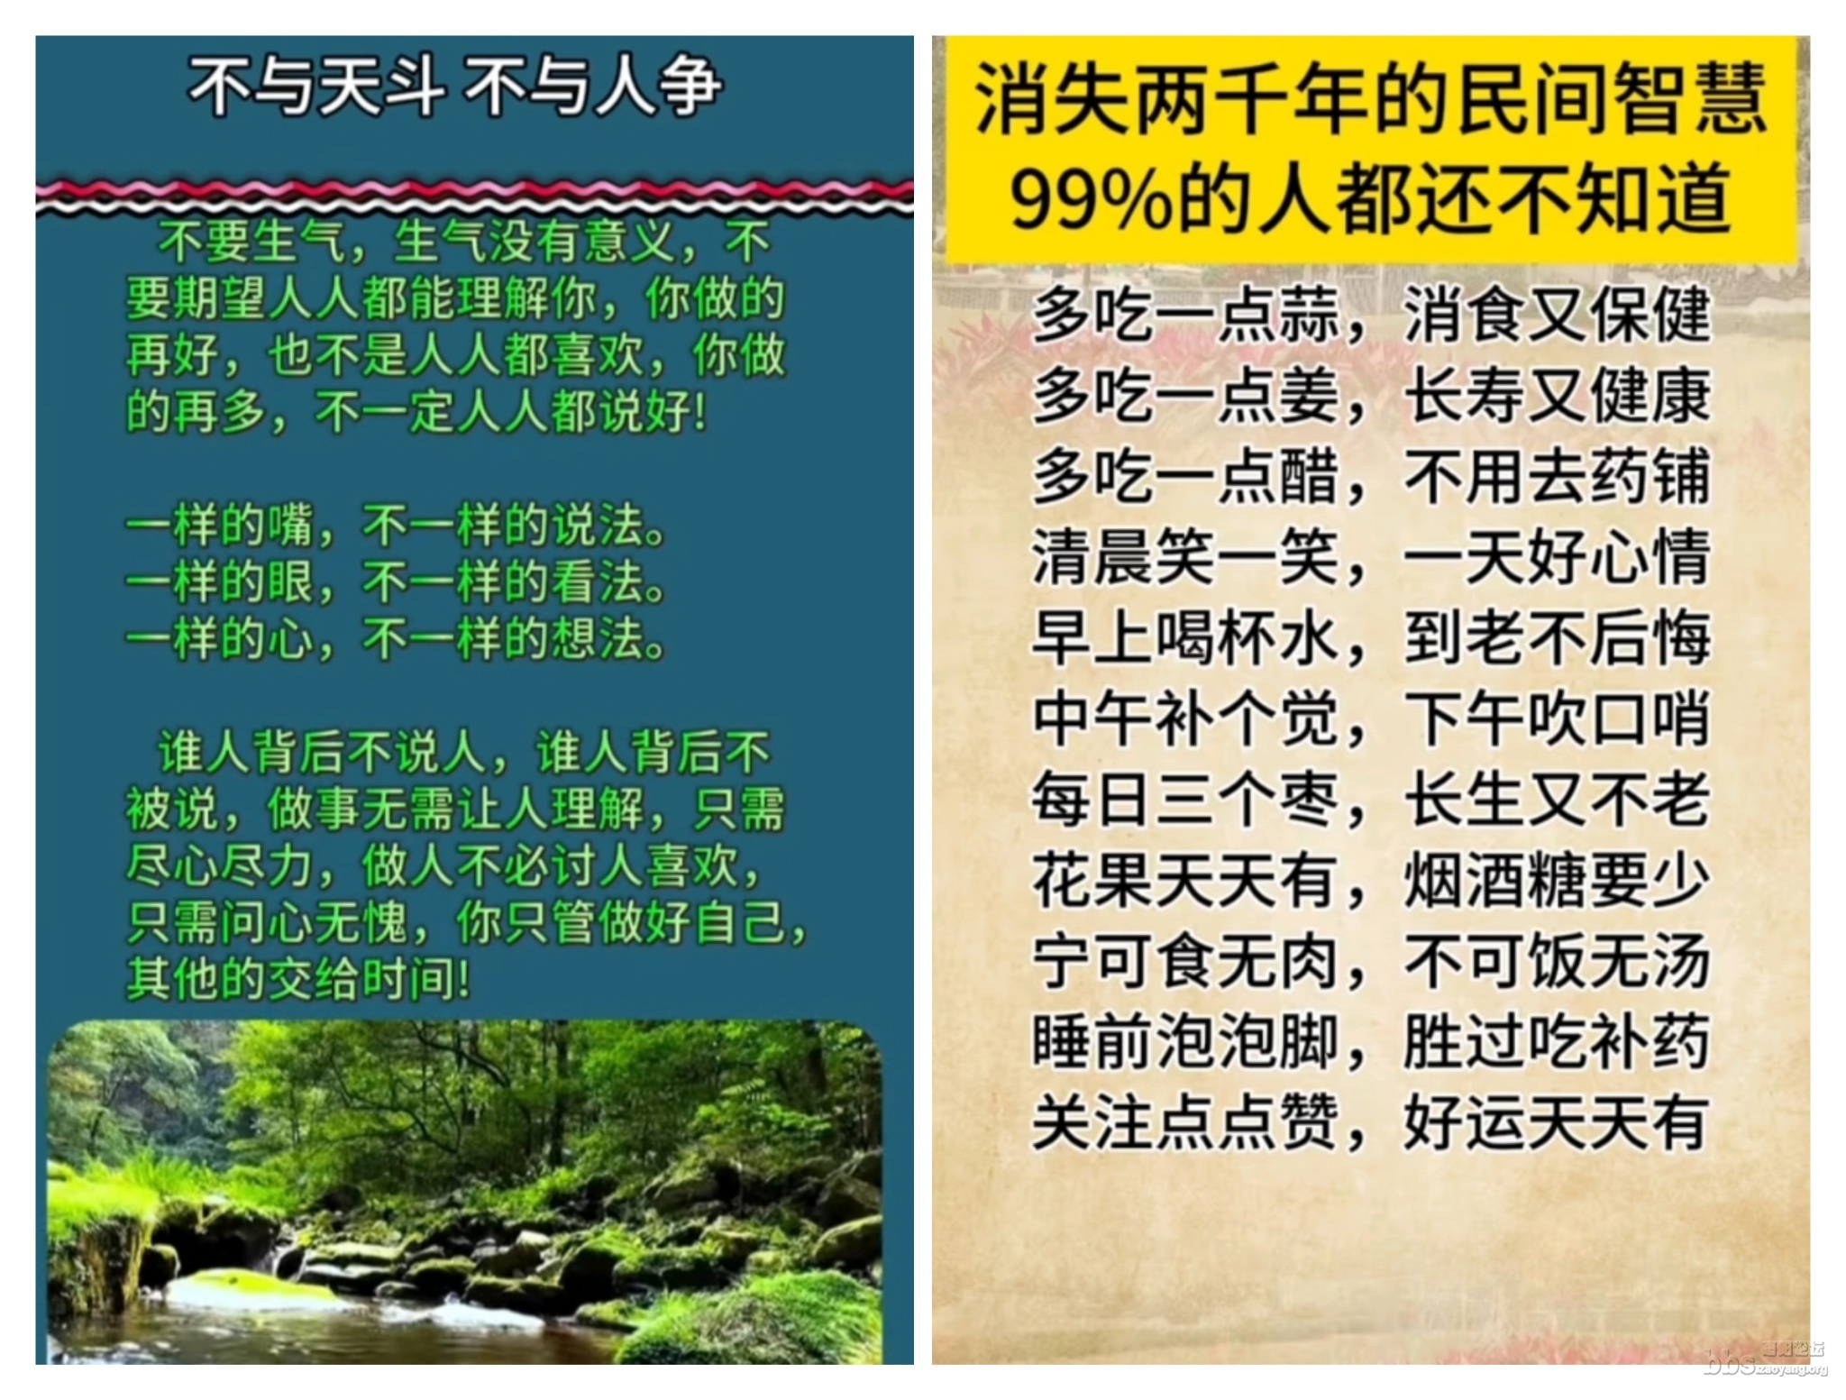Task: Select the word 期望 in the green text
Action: click(220, 297)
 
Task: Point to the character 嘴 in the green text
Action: click(290, 525)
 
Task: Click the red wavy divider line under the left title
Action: click(475, 189)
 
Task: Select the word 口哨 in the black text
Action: click(1649, 719)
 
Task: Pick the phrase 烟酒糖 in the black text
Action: click(1495, 881)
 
